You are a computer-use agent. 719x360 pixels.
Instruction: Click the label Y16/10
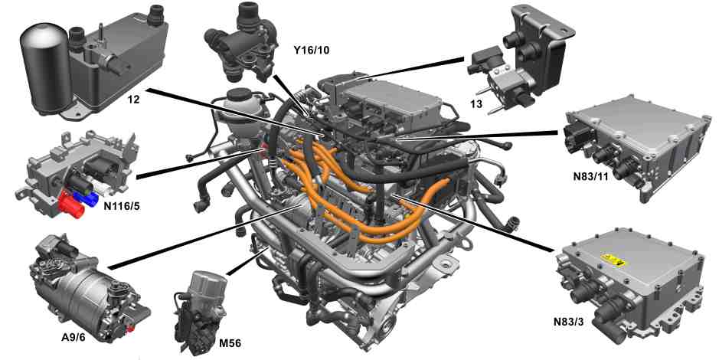coord(312,51)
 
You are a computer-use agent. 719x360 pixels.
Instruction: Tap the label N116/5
coord(122,206)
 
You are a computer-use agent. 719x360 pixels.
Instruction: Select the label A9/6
coord(74,339)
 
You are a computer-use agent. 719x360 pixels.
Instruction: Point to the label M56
coord(230,343)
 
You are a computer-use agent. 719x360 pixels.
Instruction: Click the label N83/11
coord(590,175)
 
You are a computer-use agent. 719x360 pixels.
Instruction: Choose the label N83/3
coord(570,321)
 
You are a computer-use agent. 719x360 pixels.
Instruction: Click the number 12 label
coord(134,98)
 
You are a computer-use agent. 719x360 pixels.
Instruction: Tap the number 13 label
coord(476,104)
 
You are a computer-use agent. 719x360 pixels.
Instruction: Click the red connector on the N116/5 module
coord(71,206)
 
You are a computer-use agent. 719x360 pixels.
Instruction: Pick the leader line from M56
coord(247,261)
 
